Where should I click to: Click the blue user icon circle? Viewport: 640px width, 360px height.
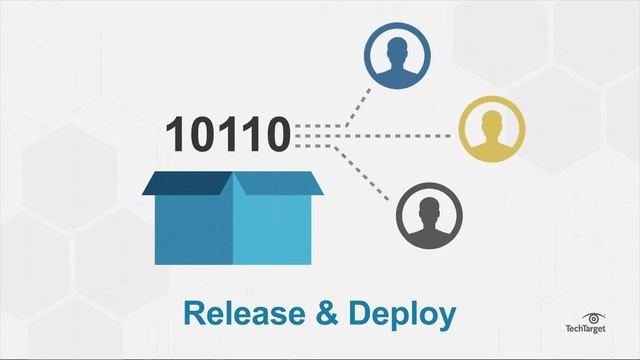tap(397, 56)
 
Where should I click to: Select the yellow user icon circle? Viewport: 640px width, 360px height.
tap(491, 129)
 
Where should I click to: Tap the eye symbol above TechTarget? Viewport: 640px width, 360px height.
tap(594, 317)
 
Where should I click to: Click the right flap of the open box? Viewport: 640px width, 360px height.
tap(281, 183)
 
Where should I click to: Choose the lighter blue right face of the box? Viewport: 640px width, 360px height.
tap(272, 229)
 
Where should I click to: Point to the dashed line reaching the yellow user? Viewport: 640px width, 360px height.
tap(400, 128)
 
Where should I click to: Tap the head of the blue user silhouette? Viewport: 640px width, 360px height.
tap(397, 46)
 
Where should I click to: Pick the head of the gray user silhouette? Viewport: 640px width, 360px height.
tap(429, 205)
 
